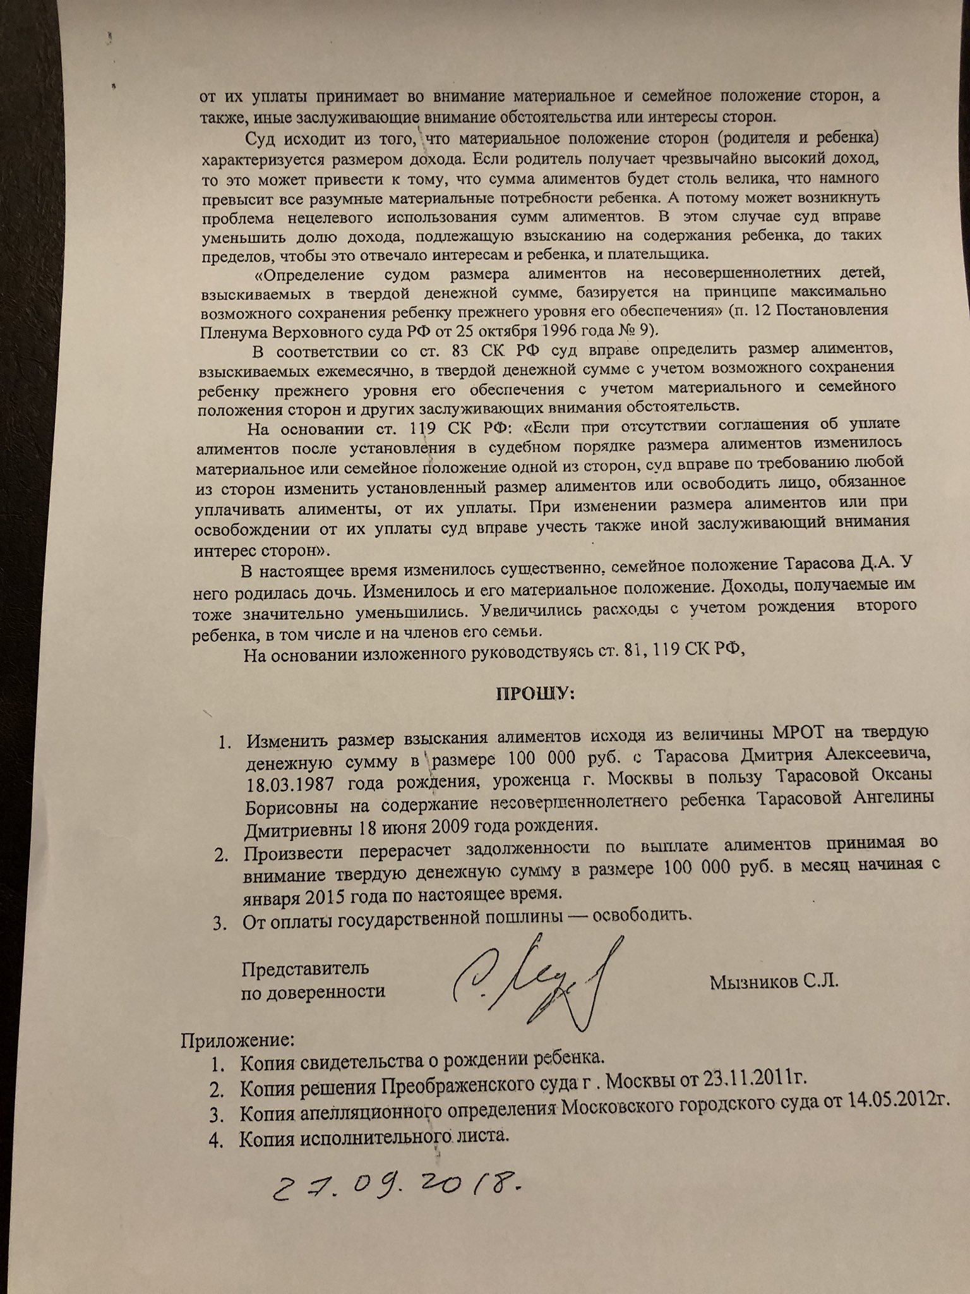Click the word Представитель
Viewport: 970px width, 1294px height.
pos(306,969)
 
